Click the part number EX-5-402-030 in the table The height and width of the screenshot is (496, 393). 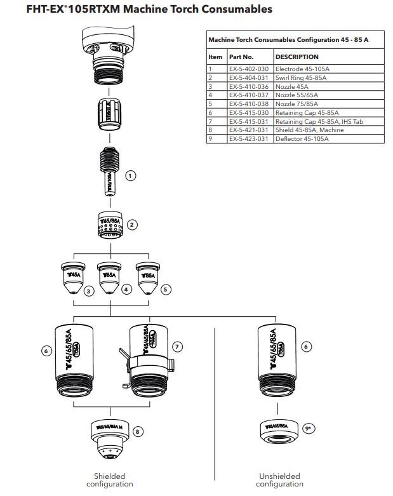point(250,69)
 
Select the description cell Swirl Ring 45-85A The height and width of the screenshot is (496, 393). point(301,77)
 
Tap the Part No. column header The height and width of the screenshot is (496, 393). point(241,57)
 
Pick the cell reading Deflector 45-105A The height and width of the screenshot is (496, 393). point(302,138)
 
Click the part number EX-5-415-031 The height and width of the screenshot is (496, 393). point(250,121)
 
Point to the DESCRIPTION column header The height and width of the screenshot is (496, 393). point(297,57)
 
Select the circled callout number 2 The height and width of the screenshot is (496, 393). point(133,224)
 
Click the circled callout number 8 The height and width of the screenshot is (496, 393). point(138,431)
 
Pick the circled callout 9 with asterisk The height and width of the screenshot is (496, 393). point(310,429)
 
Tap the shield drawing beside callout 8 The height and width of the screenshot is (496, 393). point(110,438)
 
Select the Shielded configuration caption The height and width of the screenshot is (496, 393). point(110,479)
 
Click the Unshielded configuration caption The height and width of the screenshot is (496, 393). point(279,479)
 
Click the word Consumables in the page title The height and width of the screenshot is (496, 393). point(217,10)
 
